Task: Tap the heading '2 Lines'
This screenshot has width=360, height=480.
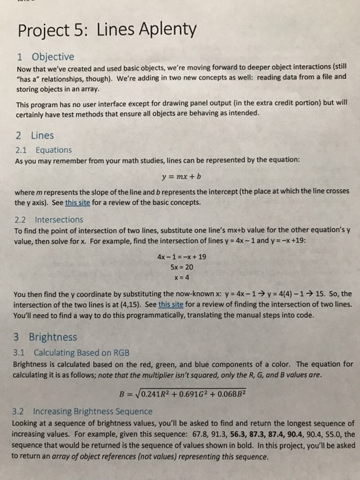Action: click(34, 136)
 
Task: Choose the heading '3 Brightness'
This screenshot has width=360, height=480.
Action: click(45, 337)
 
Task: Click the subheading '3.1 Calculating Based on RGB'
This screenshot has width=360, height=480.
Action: click(72, 351)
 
